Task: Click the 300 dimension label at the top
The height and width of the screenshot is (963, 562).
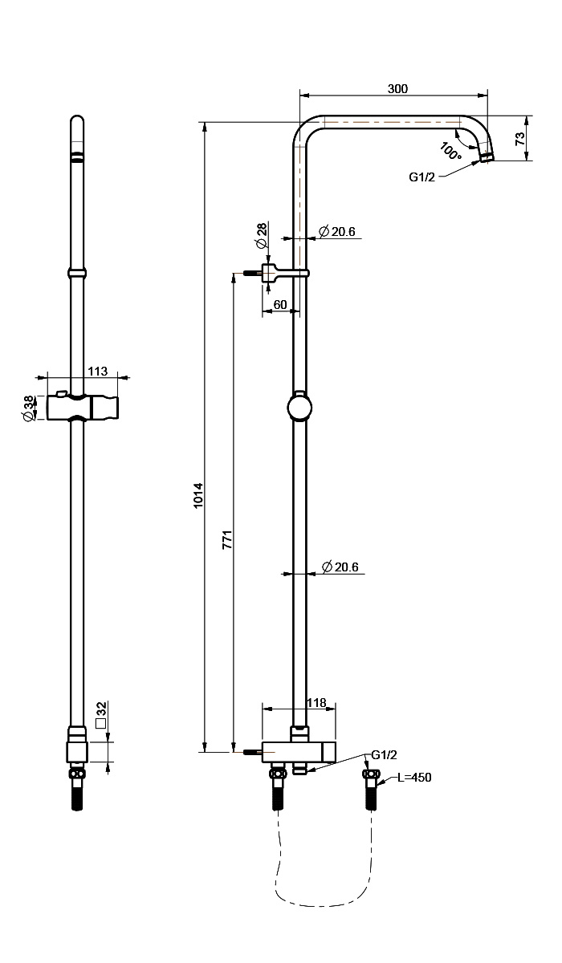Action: [397, 88]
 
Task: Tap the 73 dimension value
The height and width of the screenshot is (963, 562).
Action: [520, 138]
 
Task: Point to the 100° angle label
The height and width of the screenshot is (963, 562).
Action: [450, 152]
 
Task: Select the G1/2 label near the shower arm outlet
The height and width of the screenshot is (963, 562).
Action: [421, 177]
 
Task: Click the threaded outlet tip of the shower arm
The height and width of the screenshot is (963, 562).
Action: [487, 157]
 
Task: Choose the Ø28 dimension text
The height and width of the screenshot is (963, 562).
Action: [262, 235]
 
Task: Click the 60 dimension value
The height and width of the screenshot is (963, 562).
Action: [280, 304]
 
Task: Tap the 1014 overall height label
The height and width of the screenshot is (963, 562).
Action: [198, 496]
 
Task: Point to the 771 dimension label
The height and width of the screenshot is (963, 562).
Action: [227, 540]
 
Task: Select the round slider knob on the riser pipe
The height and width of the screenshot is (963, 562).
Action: [299, 408]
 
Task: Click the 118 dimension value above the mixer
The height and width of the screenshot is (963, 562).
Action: [316, 702]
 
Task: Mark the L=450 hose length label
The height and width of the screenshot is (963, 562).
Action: [414, 778]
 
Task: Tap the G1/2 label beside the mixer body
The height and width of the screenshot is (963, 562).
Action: [384, 754]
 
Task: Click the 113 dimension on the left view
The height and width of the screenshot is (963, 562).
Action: [98, 371]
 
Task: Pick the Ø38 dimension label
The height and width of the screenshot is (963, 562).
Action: [28, 408]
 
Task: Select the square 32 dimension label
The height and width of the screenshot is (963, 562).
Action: [101, 714]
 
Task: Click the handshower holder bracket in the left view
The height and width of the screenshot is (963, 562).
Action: [82, 407]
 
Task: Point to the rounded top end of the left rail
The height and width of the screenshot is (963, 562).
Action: [77, 120]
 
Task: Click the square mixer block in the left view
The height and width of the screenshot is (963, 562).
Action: [77, 752]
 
